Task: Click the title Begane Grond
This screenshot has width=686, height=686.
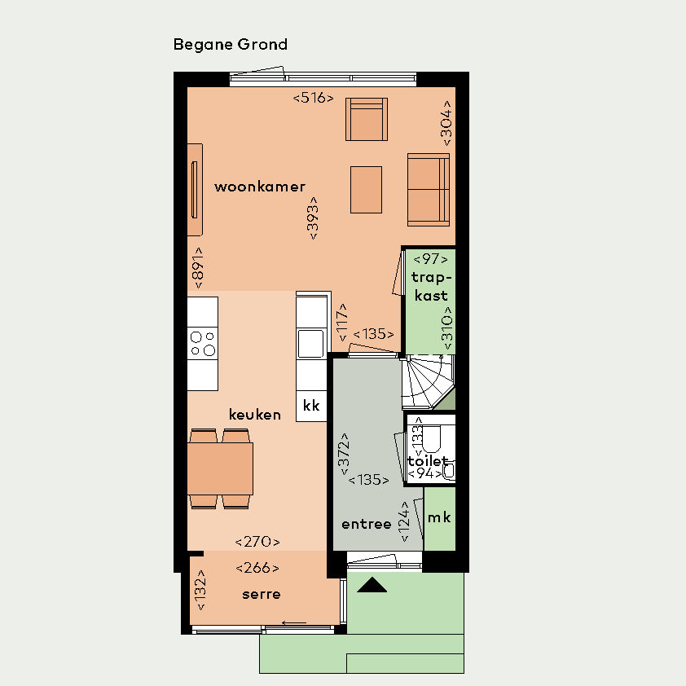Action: [230, 45]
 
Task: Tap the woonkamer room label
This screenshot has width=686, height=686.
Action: [260, 187]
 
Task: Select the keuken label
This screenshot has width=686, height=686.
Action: [255, 415]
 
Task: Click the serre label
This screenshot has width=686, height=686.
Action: [262, 594]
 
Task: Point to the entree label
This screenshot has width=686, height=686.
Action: [366, 524]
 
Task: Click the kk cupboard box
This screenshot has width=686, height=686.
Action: [311, 406]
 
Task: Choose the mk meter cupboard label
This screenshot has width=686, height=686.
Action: [439, 517]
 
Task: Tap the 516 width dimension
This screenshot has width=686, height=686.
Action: [313, 98]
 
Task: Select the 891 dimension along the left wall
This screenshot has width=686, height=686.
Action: [198, 268]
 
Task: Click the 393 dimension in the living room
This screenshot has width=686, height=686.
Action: [313, 218]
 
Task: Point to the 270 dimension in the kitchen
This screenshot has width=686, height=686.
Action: [257, 542]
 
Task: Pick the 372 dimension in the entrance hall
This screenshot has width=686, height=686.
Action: [345, 454]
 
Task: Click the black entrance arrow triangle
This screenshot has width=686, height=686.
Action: [372, 585]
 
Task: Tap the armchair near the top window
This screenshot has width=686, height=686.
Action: [367, 120]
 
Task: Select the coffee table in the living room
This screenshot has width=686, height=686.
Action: [366, 190]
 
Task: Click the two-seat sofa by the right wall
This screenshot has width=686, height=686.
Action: [429, 190]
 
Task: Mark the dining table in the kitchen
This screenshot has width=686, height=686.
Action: [220, 468]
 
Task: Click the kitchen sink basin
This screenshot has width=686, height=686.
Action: [310, 344]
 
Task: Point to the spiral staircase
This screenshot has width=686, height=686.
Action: [429, 382]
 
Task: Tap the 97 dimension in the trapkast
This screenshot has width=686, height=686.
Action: [430, 259]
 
